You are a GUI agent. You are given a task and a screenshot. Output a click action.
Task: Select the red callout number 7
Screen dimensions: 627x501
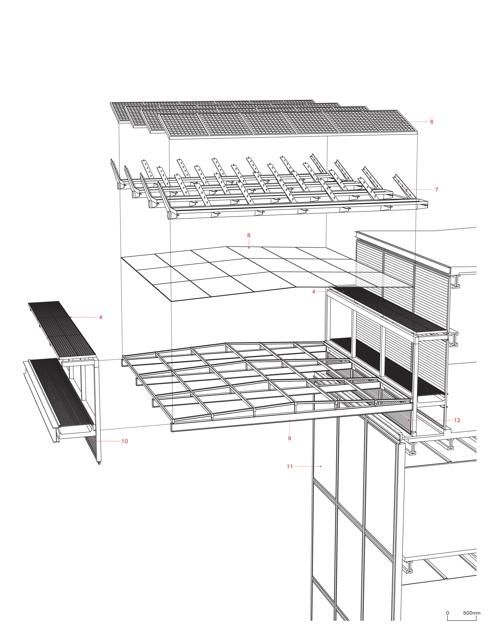[436, 190]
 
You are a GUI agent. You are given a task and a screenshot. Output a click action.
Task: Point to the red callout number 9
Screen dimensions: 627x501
[289, 438]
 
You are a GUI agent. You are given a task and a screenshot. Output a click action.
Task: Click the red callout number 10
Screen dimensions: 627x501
[125, 441]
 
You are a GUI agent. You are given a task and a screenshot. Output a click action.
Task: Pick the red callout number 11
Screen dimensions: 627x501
[290, 467]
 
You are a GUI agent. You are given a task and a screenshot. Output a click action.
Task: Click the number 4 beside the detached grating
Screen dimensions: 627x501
[101, 317]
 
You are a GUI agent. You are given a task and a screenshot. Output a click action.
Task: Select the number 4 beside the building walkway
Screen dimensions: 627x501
[314, 292]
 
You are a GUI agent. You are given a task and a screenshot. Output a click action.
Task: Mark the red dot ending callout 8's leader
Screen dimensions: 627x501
[249, 248]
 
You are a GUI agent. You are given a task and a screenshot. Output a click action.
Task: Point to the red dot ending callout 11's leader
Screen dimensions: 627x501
[320, 467]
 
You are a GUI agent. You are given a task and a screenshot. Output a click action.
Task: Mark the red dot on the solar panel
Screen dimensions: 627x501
[402, 122]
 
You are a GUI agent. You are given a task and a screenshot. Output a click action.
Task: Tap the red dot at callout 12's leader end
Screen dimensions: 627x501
[409, 420]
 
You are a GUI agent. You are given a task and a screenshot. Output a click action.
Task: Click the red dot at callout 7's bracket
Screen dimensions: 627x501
[407, 190]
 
